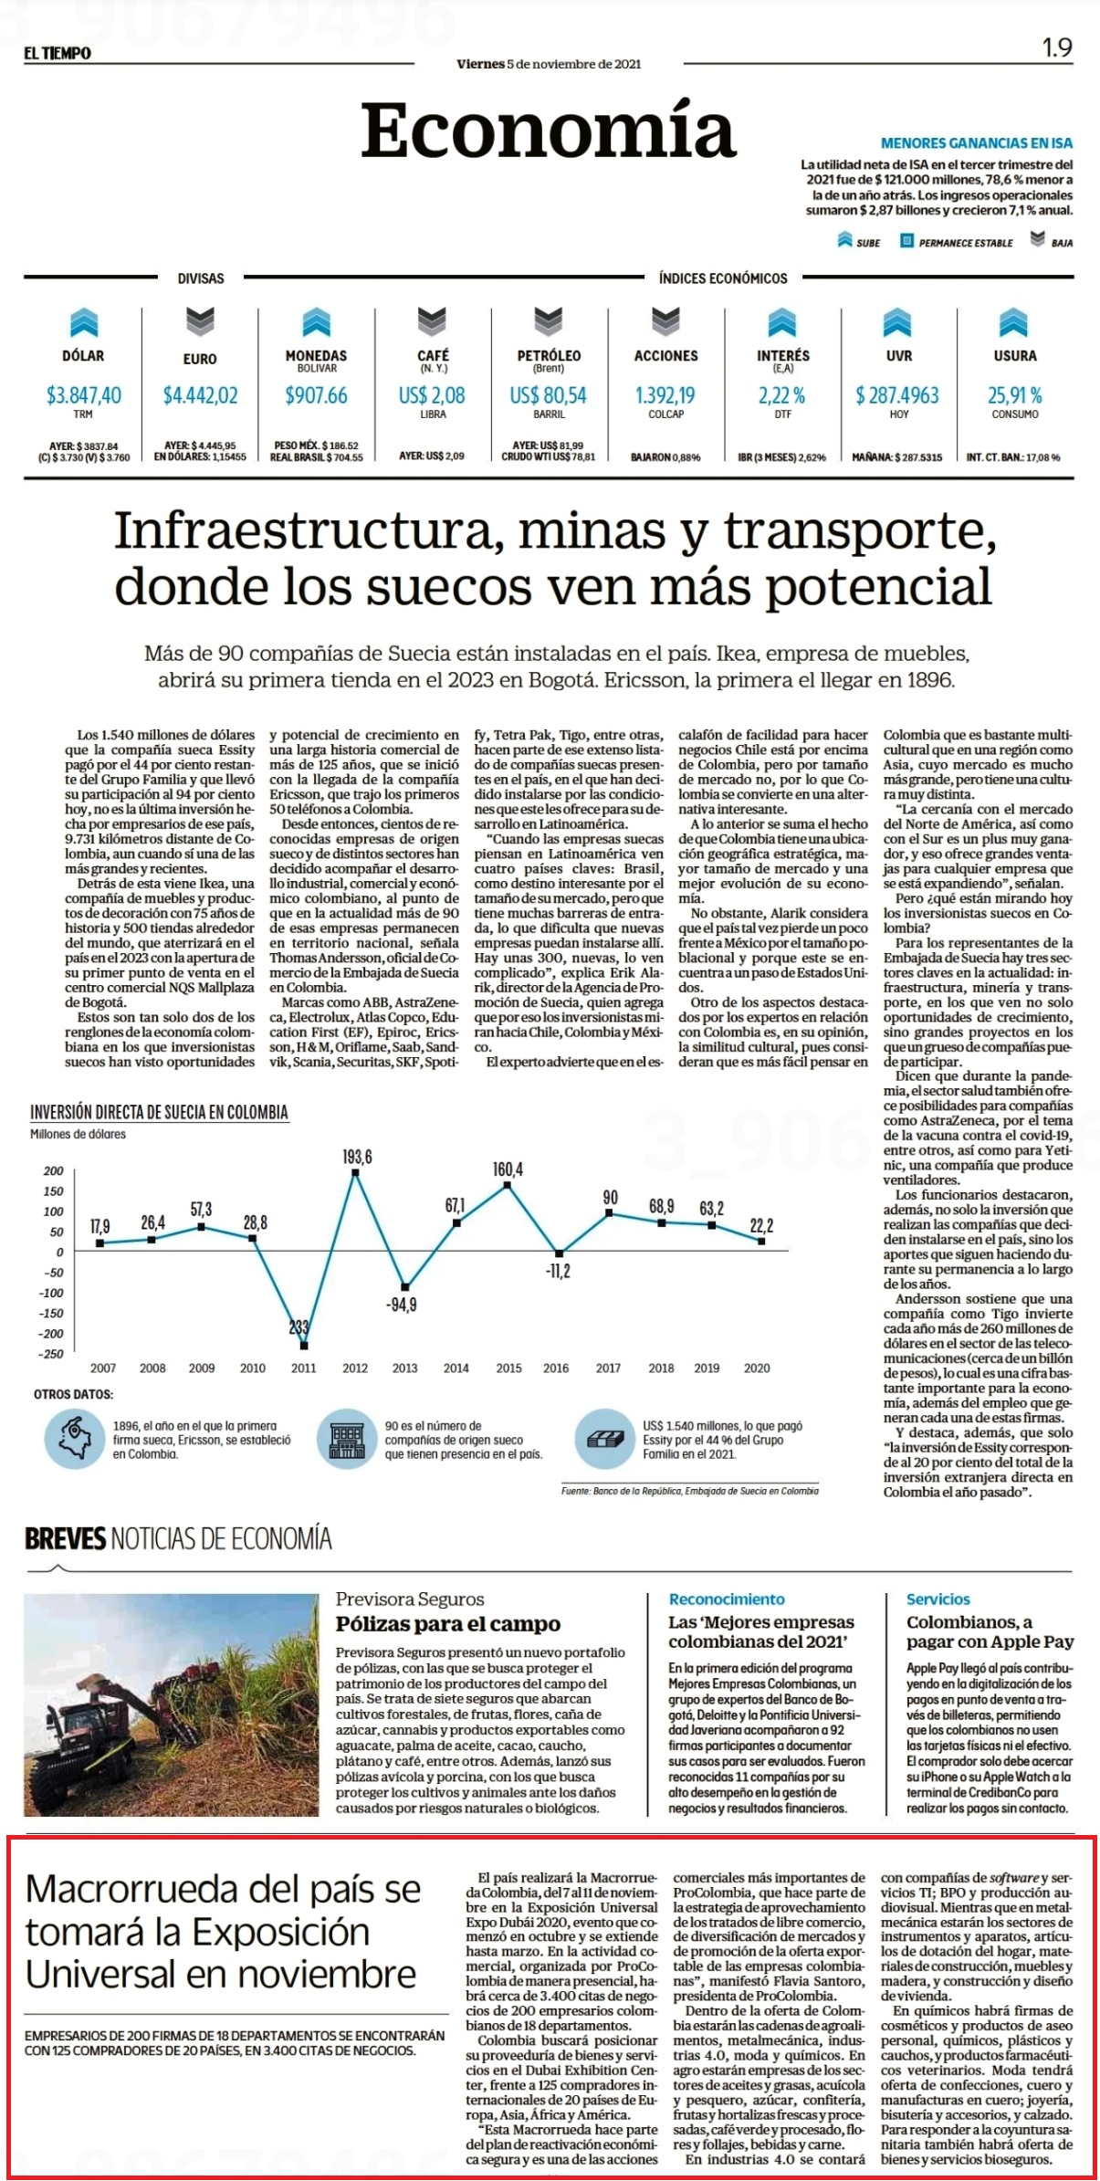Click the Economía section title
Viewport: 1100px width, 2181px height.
(549, 130)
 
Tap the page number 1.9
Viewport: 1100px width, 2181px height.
(1057, 47)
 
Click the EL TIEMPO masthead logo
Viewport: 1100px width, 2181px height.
(58, 53)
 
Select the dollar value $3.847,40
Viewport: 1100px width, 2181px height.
(83, 395)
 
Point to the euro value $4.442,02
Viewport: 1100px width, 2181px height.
(200, 395)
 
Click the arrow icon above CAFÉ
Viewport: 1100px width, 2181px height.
(432, 320)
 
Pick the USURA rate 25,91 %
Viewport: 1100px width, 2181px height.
(1014, 395)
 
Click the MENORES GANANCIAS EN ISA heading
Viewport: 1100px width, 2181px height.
(977, 143)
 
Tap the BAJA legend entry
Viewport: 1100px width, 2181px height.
(1051, 241)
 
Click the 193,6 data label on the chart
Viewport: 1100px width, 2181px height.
(357, 1157)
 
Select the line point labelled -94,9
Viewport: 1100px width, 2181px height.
(405, 1286)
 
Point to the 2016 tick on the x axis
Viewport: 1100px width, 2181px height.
(556, 1368)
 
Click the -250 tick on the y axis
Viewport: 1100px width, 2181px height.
(53, 1354)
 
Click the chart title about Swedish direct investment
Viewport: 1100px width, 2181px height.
(159, 1112)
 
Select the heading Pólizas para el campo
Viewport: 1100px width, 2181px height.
(447, 1624)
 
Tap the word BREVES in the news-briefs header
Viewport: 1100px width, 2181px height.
(66, 1539)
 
